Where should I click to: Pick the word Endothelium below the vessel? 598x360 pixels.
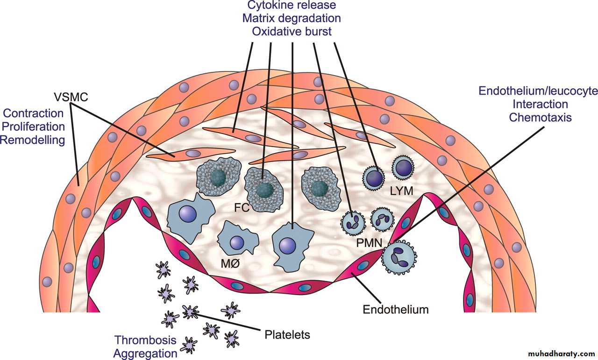[x=396, y=309]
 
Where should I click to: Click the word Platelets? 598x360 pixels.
[x=287, y=335]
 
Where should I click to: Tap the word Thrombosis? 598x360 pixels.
[x=146, y=339]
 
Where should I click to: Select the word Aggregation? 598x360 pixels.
[x=145, y=353]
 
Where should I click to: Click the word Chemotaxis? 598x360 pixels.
[x=540, y=117]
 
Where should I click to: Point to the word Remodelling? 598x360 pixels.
[x=33, y=140]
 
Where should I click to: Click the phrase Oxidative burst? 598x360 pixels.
[x=292, y=31]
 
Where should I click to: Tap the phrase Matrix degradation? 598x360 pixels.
[x=292, y=18]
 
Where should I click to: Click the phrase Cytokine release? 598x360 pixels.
[x=292, y=5]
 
